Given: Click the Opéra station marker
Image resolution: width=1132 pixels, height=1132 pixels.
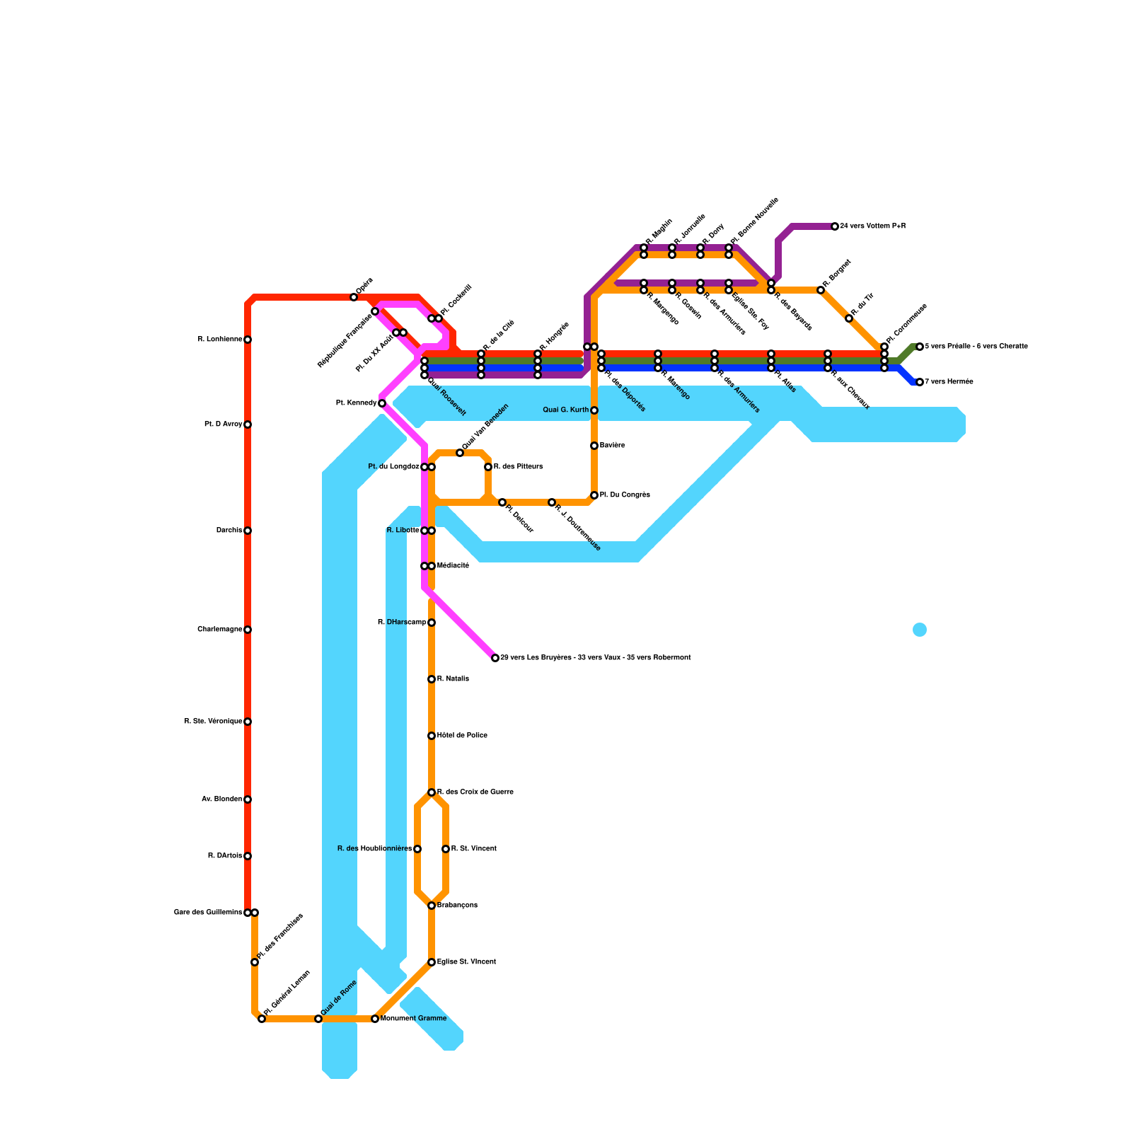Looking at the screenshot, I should click(354, 297).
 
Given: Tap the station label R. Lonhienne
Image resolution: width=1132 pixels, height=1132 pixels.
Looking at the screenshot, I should click(220, 340).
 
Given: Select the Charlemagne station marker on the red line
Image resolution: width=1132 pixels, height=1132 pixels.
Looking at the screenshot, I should click(248, 630).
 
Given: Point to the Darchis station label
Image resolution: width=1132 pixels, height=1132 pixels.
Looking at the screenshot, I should click(229, 531).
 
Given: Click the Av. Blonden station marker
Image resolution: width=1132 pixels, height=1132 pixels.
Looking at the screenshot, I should click(248, 799).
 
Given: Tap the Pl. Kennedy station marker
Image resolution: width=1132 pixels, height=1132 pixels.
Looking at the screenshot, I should click(382, 403).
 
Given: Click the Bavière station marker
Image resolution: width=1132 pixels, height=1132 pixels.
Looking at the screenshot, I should click(594, 446).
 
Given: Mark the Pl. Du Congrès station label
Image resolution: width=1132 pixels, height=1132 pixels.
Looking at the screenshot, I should click(625, 495).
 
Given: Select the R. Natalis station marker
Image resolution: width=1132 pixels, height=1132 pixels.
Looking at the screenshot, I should click(432, 679).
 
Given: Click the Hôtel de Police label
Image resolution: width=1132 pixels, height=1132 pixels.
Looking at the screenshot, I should click(462, 736).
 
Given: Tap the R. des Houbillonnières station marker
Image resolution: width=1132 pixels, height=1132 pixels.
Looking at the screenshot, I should click(417, 849).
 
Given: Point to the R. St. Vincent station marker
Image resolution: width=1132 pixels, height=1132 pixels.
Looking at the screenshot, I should click(446, 849).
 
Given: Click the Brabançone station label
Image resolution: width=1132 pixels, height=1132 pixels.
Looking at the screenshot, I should click(457, 906).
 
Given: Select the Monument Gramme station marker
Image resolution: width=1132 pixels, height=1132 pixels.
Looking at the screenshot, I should click(375, 1019).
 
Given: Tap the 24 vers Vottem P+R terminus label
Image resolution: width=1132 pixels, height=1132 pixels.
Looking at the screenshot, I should click(873, 226).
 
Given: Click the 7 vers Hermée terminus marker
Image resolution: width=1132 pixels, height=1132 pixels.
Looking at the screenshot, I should click(920, 382).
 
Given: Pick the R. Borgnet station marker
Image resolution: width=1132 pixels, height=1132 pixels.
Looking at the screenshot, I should click(821, 290).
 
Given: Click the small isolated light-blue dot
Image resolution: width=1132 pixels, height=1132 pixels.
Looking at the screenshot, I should click(920, 630).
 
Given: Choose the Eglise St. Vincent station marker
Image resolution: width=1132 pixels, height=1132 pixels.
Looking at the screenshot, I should click(432, 962).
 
